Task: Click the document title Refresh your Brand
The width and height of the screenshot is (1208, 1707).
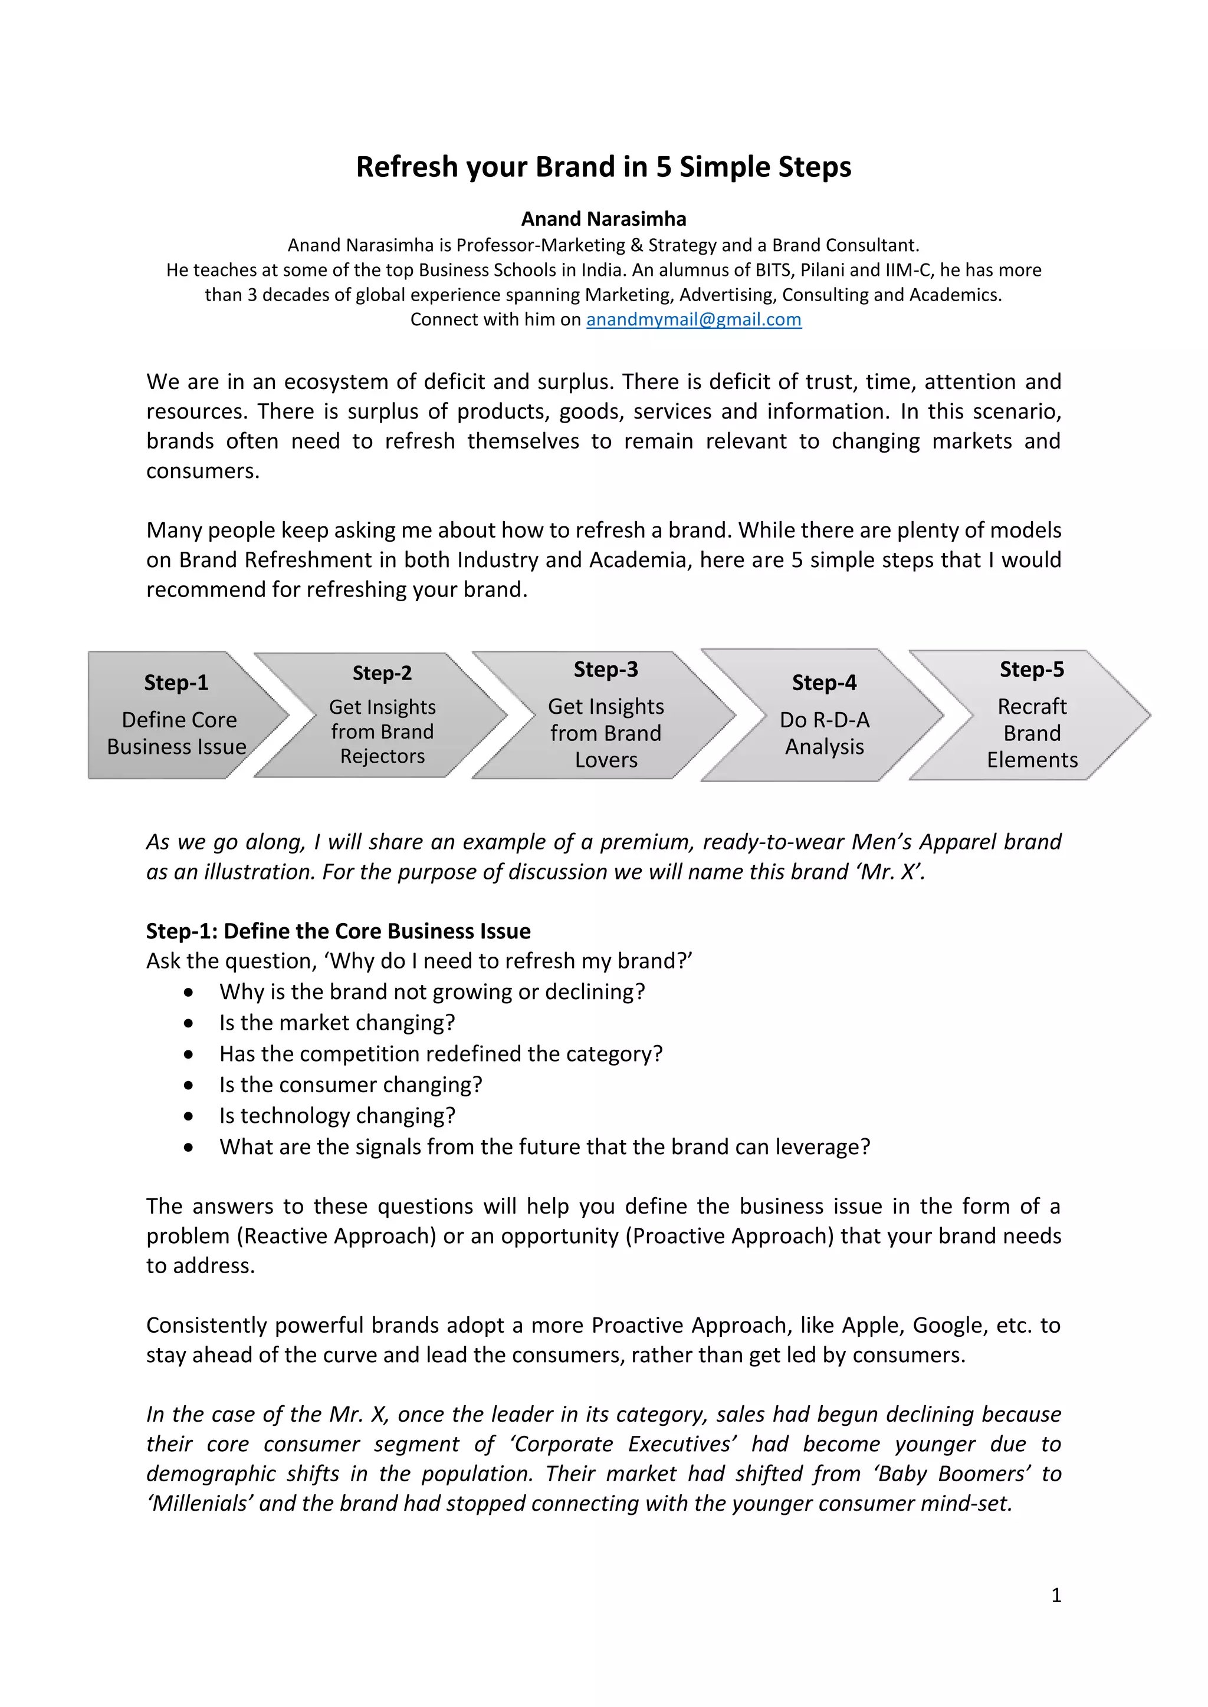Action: point(603,167)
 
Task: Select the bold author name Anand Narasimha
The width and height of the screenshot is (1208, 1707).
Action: point(603,219)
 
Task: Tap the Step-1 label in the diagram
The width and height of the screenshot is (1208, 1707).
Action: point(176,683)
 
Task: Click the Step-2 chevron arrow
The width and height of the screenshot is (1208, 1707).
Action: point(382,715)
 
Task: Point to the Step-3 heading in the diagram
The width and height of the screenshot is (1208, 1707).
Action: point(606,669)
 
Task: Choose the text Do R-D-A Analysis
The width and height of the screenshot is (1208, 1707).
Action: point(824,733)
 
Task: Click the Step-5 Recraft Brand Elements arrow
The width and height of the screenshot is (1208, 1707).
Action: point(1031,715)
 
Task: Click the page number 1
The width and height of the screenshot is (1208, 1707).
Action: point(1055,1595)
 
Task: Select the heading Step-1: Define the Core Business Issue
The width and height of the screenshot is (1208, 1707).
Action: point(339,931)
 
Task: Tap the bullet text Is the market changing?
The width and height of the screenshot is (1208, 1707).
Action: point(337,1023)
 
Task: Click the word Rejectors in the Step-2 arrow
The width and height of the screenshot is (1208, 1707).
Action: point(382,756)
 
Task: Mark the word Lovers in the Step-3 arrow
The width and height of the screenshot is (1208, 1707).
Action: point(606,760)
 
